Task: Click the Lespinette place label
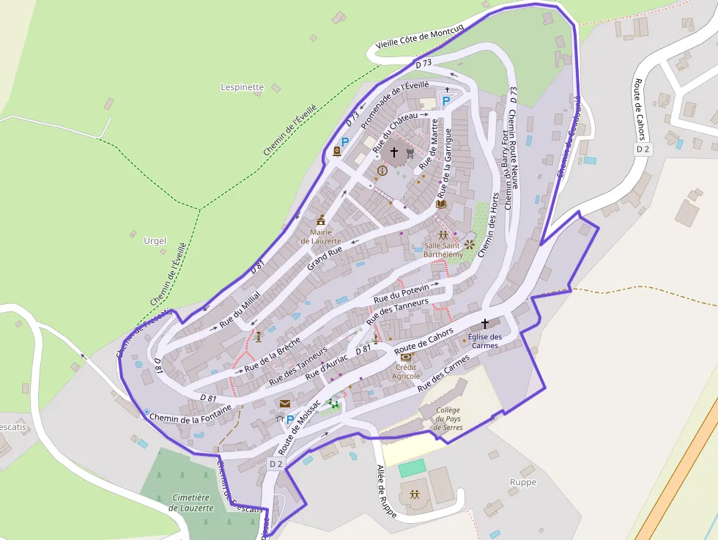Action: point(242,87)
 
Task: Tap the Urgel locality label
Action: point(155,241)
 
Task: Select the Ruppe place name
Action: point(523,482)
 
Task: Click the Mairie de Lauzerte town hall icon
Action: point(320,220)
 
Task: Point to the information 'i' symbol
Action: point(382,171)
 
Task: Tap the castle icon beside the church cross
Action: point(410,153)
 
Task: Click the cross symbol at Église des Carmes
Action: point(484,323)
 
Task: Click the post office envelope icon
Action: point(284,403)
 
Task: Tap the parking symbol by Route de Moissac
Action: point(289,420)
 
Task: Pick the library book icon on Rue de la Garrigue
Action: point(440,204)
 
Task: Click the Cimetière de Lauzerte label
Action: point(191,503)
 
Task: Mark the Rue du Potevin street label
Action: point(401,294)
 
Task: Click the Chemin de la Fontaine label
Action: point(190,413)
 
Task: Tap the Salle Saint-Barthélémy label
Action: point(443,250)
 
